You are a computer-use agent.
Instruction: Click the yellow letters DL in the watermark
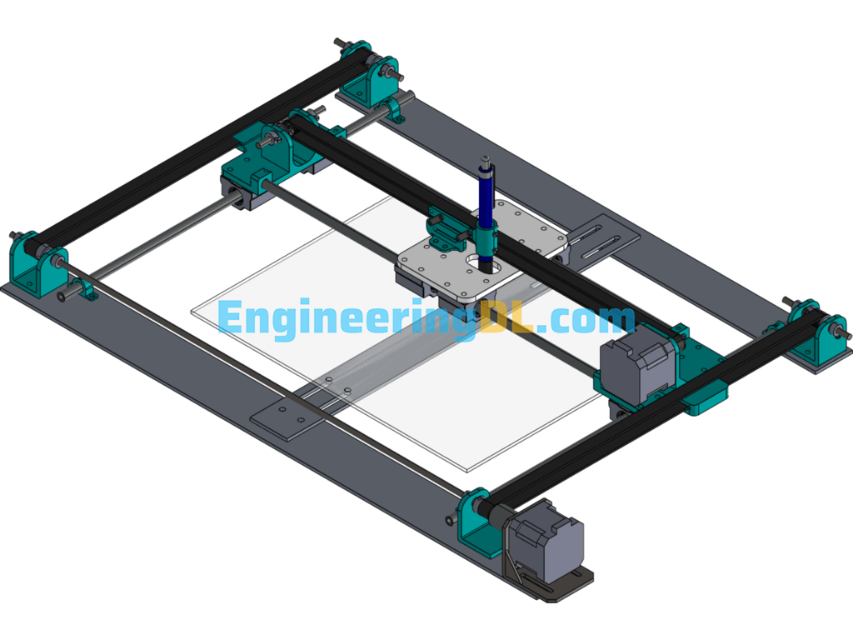tap(508, 321)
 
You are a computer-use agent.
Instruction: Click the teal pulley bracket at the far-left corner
tap(29, 262)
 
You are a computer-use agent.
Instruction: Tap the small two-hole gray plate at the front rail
tap(285, 417)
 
